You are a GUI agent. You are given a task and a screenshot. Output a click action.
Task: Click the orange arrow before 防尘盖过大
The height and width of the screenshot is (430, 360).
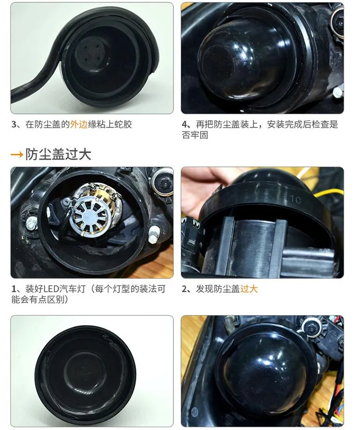[17, 155]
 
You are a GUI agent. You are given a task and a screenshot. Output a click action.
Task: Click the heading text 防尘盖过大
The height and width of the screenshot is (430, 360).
[58, 155]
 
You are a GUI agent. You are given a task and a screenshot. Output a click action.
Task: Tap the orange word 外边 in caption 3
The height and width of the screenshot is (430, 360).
[79, 124]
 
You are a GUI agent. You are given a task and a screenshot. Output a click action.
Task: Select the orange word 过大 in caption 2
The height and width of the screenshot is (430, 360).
[249, 289]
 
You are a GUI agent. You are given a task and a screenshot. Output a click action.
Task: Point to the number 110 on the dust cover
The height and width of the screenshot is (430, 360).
[293, 200]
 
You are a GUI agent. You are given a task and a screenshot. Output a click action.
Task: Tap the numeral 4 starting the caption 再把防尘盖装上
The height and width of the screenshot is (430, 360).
[184, 125]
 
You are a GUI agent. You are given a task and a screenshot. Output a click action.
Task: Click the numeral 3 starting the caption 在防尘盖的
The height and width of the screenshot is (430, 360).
[14, 125]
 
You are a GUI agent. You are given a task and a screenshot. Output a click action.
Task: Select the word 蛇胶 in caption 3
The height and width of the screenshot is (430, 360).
[123, 124]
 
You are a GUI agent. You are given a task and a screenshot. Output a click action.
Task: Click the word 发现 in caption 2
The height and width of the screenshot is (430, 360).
[204, 289]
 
